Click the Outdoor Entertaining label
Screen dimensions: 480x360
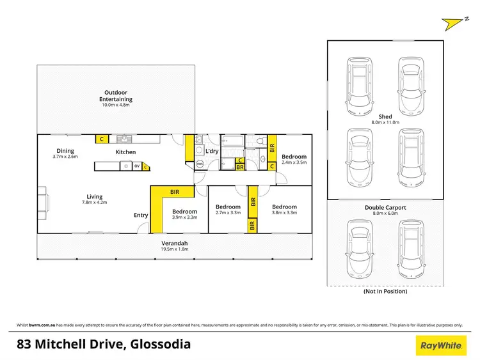click(x=116, y=96)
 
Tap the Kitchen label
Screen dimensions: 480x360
click(x=125, y=152)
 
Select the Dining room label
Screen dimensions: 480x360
click(x=65, y=152)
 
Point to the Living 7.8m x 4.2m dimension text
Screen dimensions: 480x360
click(x=93, y=202)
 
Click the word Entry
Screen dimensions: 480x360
click(x=141, y=215)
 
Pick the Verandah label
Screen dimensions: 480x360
click(x=174, y=244)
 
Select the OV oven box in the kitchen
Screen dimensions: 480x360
click(x=136, y=166)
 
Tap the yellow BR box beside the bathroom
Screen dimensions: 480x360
click(x=240, y=168)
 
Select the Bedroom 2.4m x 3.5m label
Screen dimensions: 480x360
click(x=294, y=160)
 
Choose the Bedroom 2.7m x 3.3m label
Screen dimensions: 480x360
click(x=228, y=210)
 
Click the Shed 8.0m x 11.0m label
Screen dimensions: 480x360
click(x=385, y=119)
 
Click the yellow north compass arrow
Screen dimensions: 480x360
click(x=454, y=24)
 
